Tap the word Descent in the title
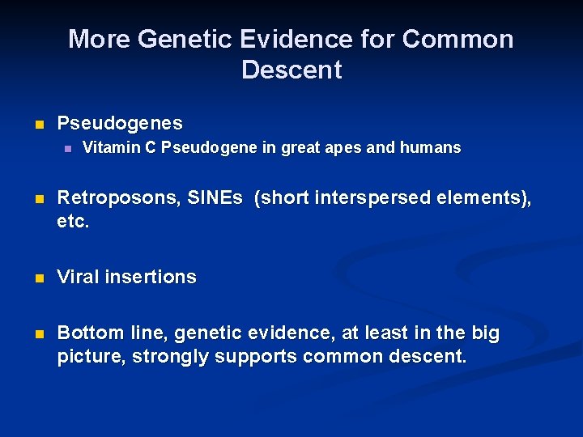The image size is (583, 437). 291,70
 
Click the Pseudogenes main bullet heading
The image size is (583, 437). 120,124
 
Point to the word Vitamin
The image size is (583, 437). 109,148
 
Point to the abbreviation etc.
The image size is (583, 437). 73,221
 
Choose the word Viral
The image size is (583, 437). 79,277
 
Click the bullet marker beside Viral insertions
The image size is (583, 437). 37,278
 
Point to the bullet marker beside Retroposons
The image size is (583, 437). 37,200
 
